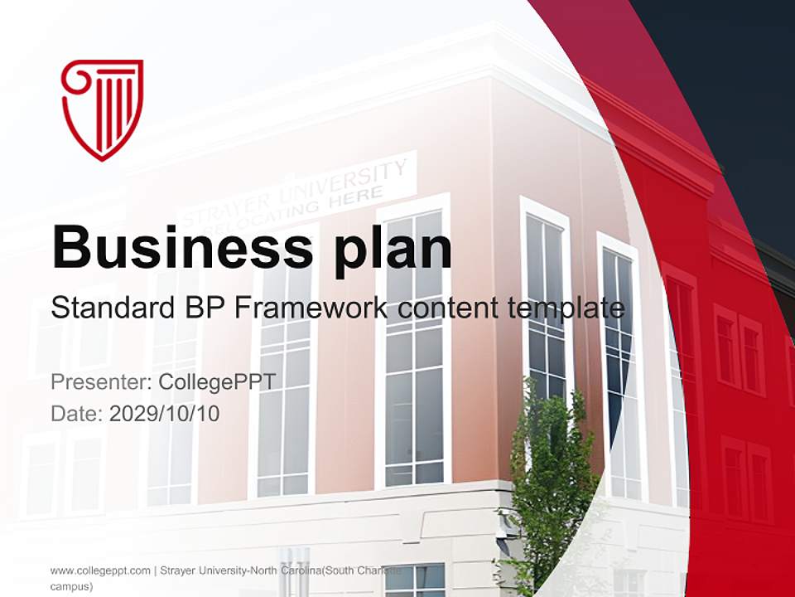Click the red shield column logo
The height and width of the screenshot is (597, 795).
[x=102, y=109]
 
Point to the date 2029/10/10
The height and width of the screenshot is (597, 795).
[x=164, y=413]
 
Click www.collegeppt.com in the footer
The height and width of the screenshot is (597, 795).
[x=100, y=570]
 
